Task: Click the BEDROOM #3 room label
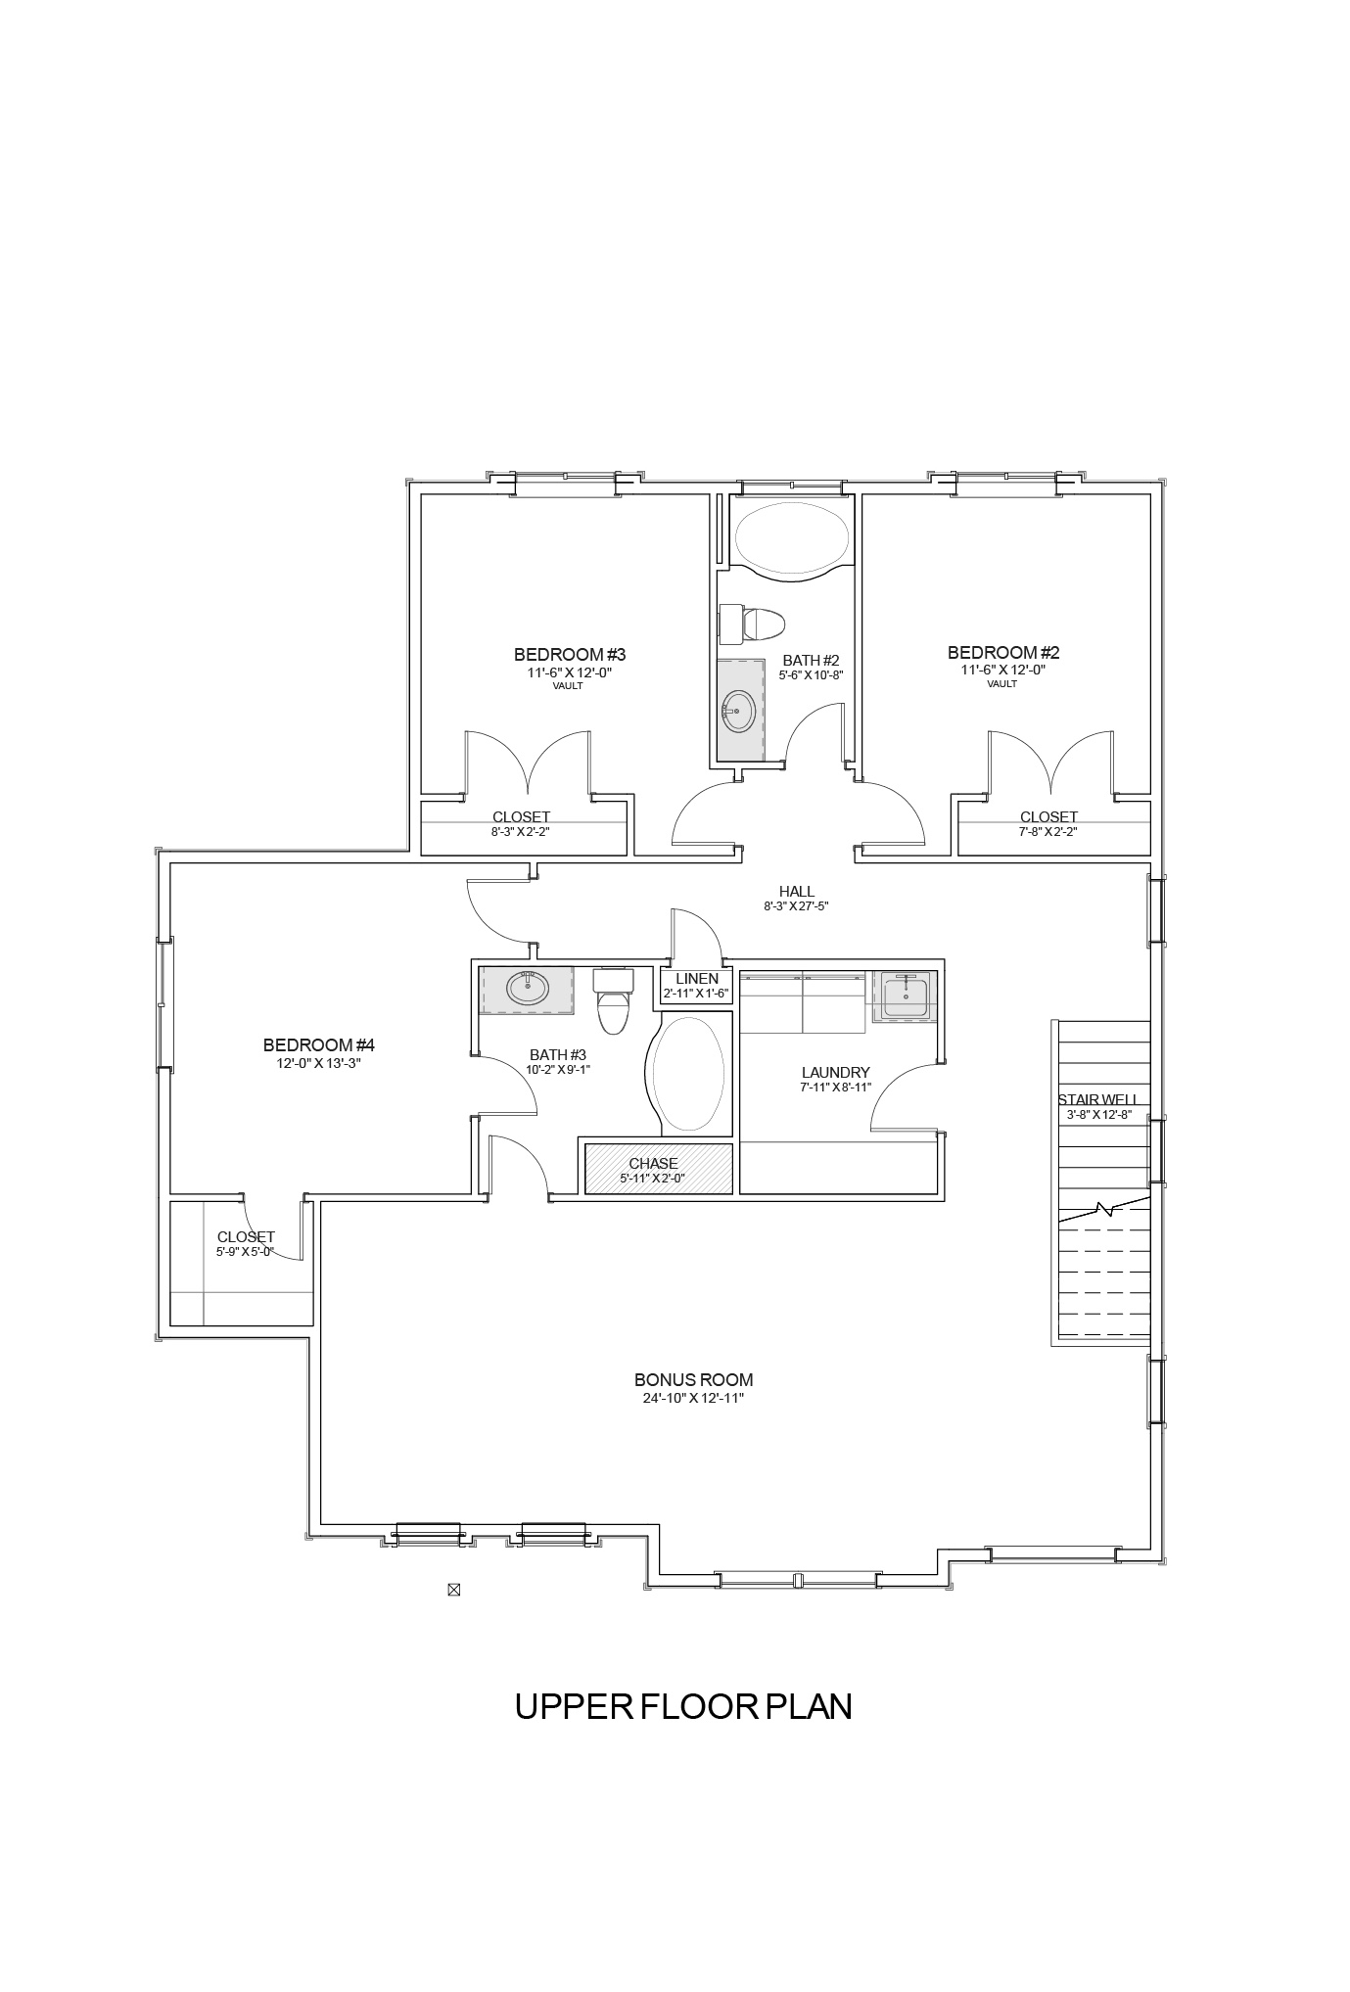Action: click(570, 654)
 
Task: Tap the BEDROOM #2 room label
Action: click(1003, 652)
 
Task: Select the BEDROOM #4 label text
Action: click(319, 1044)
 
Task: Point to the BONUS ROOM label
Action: click(693, 1379)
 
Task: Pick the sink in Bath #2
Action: click(738, 711)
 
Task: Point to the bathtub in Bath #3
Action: click(689, 1074)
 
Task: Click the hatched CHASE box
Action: click(659, 1169)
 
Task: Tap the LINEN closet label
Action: click(697, 979)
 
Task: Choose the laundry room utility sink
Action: click(905, 997)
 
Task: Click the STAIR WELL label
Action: click(1097, 1099)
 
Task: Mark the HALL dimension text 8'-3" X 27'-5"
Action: click(797, 906)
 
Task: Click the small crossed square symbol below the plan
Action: click(453, 1590)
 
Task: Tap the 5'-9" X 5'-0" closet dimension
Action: click(245, 1251)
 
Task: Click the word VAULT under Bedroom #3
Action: click(568, 686)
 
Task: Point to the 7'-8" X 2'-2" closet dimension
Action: click(1048, 832)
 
